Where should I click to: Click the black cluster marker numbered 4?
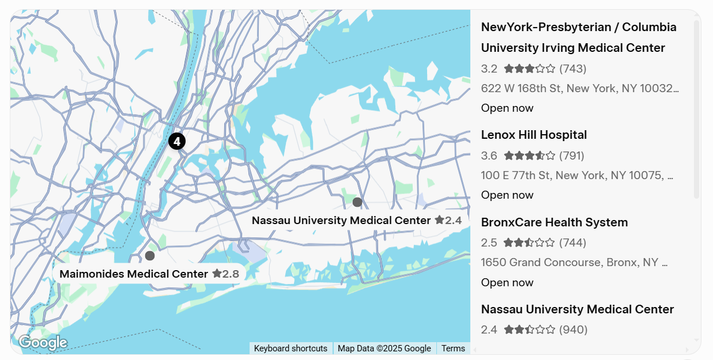177,141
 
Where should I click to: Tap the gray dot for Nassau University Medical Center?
357,202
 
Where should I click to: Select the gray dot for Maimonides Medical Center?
150,256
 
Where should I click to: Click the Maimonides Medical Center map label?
134,274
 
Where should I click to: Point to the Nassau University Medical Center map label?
341,221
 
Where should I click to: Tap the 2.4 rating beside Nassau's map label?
448,221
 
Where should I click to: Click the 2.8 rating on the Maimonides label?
225,274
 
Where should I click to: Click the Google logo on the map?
43,343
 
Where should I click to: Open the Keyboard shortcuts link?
291,348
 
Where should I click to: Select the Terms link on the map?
453,348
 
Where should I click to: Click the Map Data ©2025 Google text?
384,348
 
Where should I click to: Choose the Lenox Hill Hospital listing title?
534,135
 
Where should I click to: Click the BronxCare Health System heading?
554,222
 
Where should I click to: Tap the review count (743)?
572,69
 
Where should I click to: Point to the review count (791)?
572,156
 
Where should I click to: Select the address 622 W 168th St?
579,89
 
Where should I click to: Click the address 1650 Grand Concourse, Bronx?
574,263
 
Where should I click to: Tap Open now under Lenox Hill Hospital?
507,195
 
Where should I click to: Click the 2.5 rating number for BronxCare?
489,243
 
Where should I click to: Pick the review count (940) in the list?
573,330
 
